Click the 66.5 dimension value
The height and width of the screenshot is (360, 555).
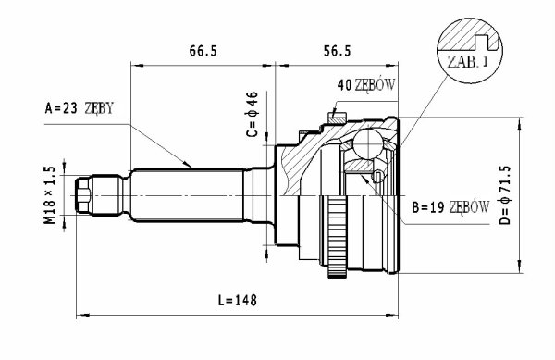[203, 51]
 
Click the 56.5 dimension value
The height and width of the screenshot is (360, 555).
[337, 51]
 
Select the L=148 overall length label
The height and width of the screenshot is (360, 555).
[237, 301]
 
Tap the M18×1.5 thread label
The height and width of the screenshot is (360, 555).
[50, 195]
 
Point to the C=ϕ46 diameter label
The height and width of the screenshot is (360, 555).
[253, 114]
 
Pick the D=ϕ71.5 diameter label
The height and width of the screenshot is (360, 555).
[505, 195]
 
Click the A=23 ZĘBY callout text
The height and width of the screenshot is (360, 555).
[80, 108]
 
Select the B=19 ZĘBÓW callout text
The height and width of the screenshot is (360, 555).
[450, 207]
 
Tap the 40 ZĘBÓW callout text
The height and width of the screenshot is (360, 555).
[366, 85]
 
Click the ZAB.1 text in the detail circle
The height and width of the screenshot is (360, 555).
[467, 62]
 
